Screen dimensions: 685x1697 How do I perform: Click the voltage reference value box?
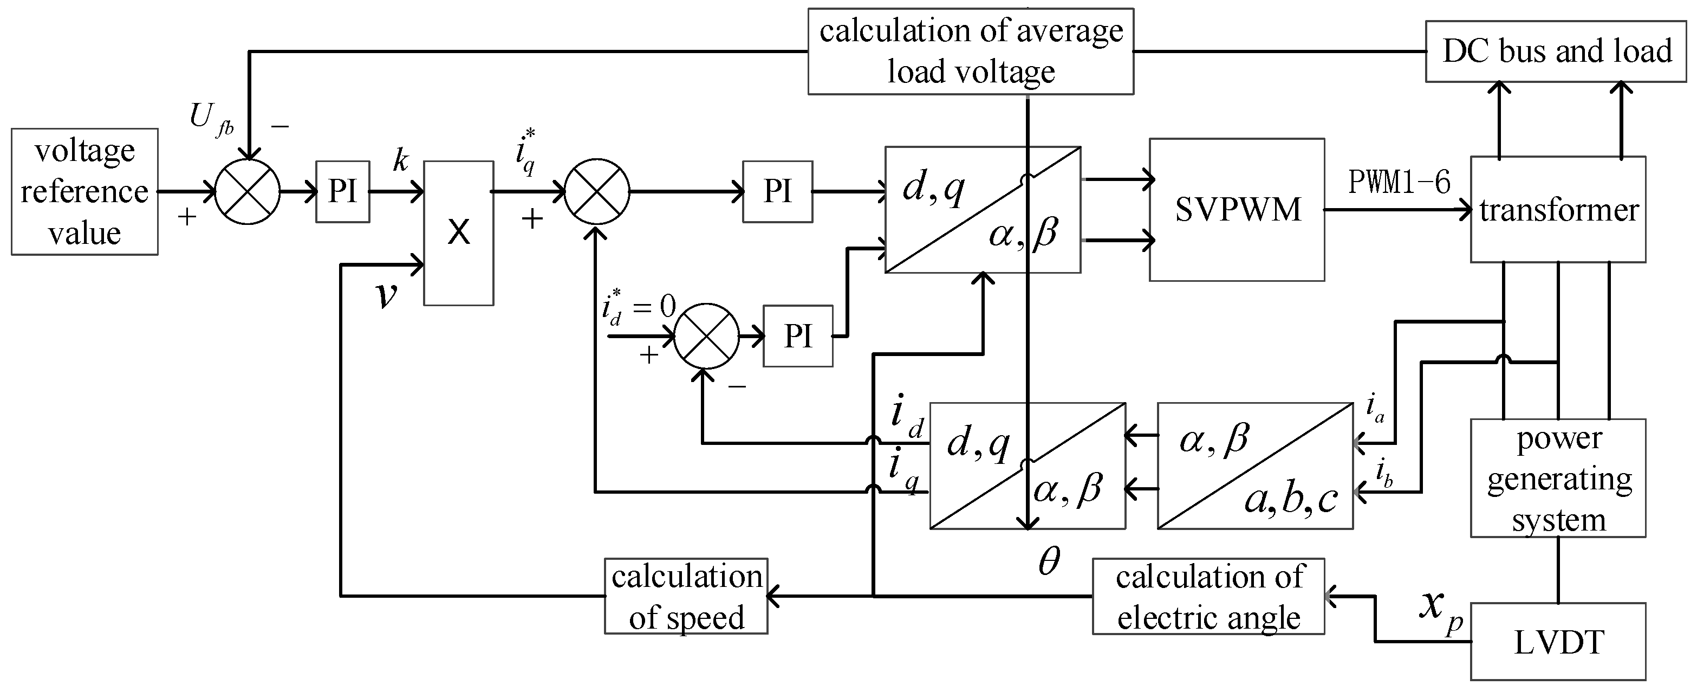pos(84,191)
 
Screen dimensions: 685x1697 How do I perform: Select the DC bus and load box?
pos(1556,51)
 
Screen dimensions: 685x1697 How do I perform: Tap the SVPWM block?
pos(1237,210)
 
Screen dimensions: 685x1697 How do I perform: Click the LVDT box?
pos(1557,642)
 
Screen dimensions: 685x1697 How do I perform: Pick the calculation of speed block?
pos(686,596)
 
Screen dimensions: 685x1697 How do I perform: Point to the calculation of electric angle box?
pos(1208,596)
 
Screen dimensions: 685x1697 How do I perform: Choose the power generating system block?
pos(1557,478)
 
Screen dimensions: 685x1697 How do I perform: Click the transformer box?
pos(1557,210)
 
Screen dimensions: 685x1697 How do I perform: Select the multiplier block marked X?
pos(458,232)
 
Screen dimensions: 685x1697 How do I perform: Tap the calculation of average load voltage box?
pos(971,51)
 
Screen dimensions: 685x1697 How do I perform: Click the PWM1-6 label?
pos(1399,182)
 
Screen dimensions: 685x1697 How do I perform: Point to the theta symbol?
pos(1049,562)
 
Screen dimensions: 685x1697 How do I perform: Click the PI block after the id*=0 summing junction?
pos(798,335)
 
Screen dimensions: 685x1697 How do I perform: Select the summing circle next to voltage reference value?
pos(248,191)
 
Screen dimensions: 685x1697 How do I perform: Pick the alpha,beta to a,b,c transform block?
pos(1255,466)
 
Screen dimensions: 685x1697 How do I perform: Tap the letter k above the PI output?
pos(400,160)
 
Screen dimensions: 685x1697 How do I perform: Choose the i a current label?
pos(1375,407)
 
